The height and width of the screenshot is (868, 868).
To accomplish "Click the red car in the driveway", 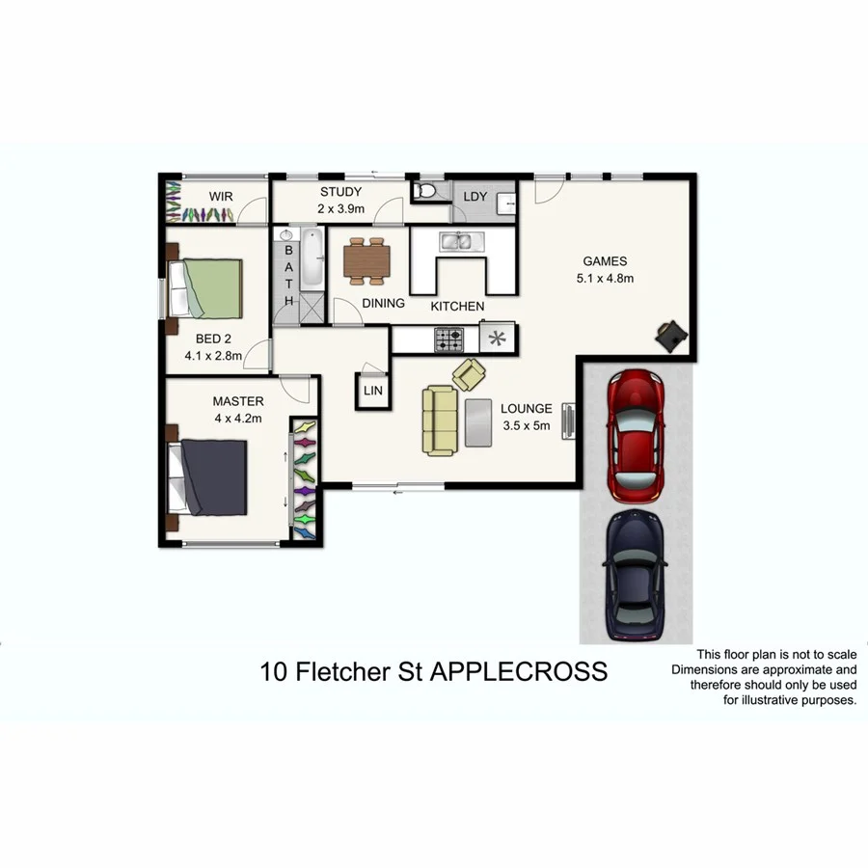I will point(633,436).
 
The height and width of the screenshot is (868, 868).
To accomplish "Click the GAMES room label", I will point(605,260).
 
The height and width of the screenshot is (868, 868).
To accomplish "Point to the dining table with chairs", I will point(367,260).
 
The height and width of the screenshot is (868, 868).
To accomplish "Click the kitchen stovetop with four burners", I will point(449,339).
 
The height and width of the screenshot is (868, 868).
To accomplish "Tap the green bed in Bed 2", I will point(206,288).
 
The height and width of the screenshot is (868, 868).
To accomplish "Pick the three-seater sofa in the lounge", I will point(440,420).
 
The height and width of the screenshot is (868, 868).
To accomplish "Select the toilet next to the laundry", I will point(425,191).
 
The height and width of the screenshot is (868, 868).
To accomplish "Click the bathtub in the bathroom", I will point(312,258).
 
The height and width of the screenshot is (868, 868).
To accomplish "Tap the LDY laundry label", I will point(475,197).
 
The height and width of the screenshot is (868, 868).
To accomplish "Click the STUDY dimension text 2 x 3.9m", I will point(340,208).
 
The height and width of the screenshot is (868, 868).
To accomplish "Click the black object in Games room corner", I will point(670,336).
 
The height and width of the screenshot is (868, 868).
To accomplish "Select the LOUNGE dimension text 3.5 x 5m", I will point(526,425).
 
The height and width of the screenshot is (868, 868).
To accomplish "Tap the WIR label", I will point(221,196).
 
